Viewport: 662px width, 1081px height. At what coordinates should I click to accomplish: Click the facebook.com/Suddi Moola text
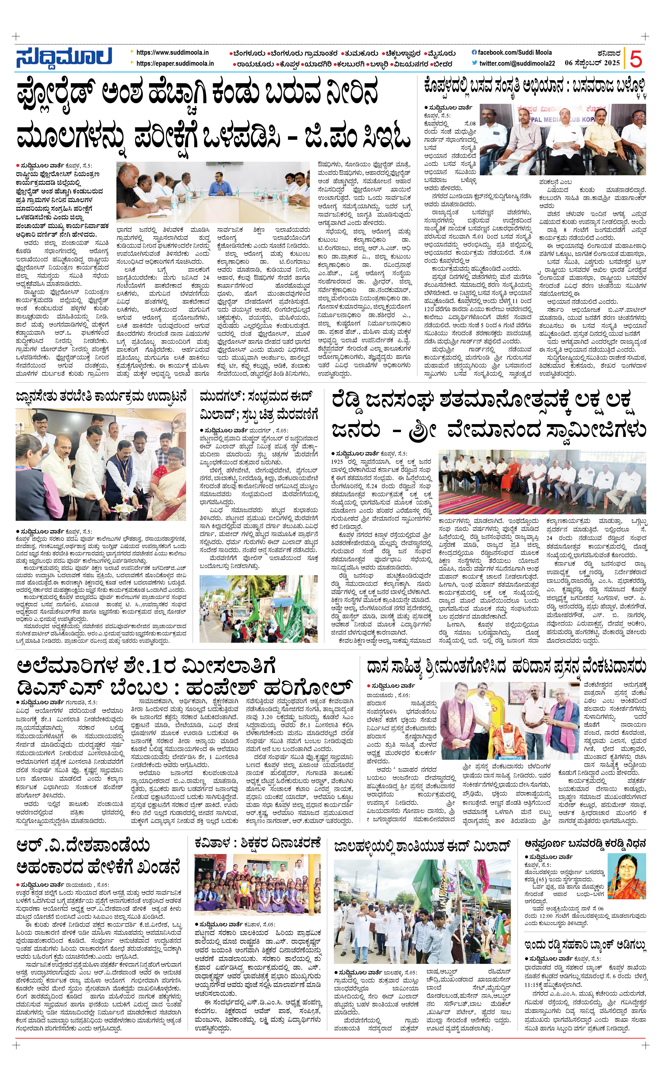(514, 53)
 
